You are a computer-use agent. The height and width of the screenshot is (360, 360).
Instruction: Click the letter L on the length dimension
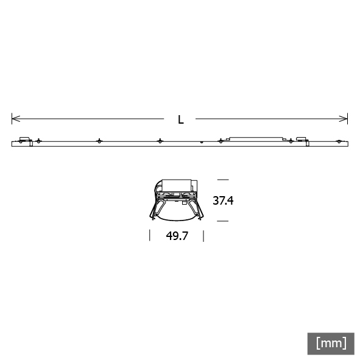[181, 119]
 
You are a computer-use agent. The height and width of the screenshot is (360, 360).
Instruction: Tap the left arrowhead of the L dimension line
[16, 119]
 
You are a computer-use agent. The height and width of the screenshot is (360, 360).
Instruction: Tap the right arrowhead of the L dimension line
[344, 119]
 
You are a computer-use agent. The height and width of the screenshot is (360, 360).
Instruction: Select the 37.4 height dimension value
[223, 200]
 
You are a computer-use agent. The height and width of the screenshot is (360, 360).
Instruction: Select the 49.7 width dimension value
[177, 236]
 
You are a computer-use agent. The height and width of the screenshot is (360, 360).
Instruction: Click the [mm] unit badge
[331, 344]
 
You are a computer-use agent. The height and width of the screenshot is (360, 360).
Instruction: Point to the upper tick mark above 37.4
[223, 180]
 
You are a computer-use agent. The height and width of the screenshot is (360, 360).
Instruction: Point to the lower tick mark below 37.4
[223, 221]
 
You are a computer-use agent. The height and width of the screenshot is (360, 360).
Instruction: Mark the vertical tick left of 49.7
[150, 235]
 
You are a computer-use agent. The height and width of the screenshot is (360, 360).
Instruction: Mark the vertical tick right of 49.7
[203, 236]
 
